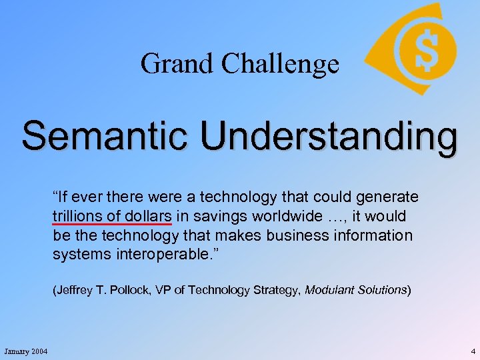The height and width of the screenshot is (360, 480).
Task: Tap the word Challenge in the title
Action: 280,64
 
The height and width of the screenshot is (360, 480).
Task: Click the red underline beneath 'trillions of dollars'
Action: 112,225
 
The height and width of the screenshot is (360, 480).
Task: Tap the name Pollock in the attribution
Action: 134,291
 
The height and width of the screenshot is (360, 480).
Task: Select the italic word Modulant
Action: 331,291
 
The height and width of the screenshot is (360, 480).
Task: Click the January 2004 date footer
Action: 25,351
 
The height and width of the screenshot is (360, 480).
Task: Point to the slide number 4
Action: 472,351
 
